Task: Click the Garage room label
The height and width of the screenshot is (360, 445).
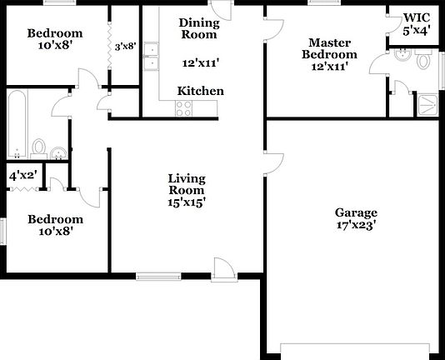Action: [x=356, y=212]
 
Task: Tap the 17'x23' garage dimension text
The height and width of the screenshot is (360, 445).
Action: [x=356, y=224]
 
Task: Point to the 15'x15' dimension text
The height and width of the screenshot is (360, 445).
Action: [x=187, y=201]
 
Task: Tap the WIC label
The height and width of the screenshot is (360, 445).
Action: [x=417, y=17]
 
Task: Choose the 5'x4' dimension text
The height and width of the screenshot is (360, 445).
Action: [x=417, y=32]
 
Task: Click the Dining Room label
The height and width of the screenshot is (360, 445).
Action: [x=199, y=28]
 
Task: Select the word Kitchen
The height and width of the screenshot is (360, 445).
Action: [x=200, y=91]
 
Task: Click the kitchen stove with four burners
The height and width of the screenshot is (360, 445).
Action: [x=183, y=107]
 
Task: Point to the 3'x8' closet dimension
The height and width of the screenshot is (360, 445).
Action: [x=125, y=47]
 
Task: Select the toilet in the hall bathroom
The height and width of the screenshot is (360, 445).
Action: [x=38, y=147]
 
